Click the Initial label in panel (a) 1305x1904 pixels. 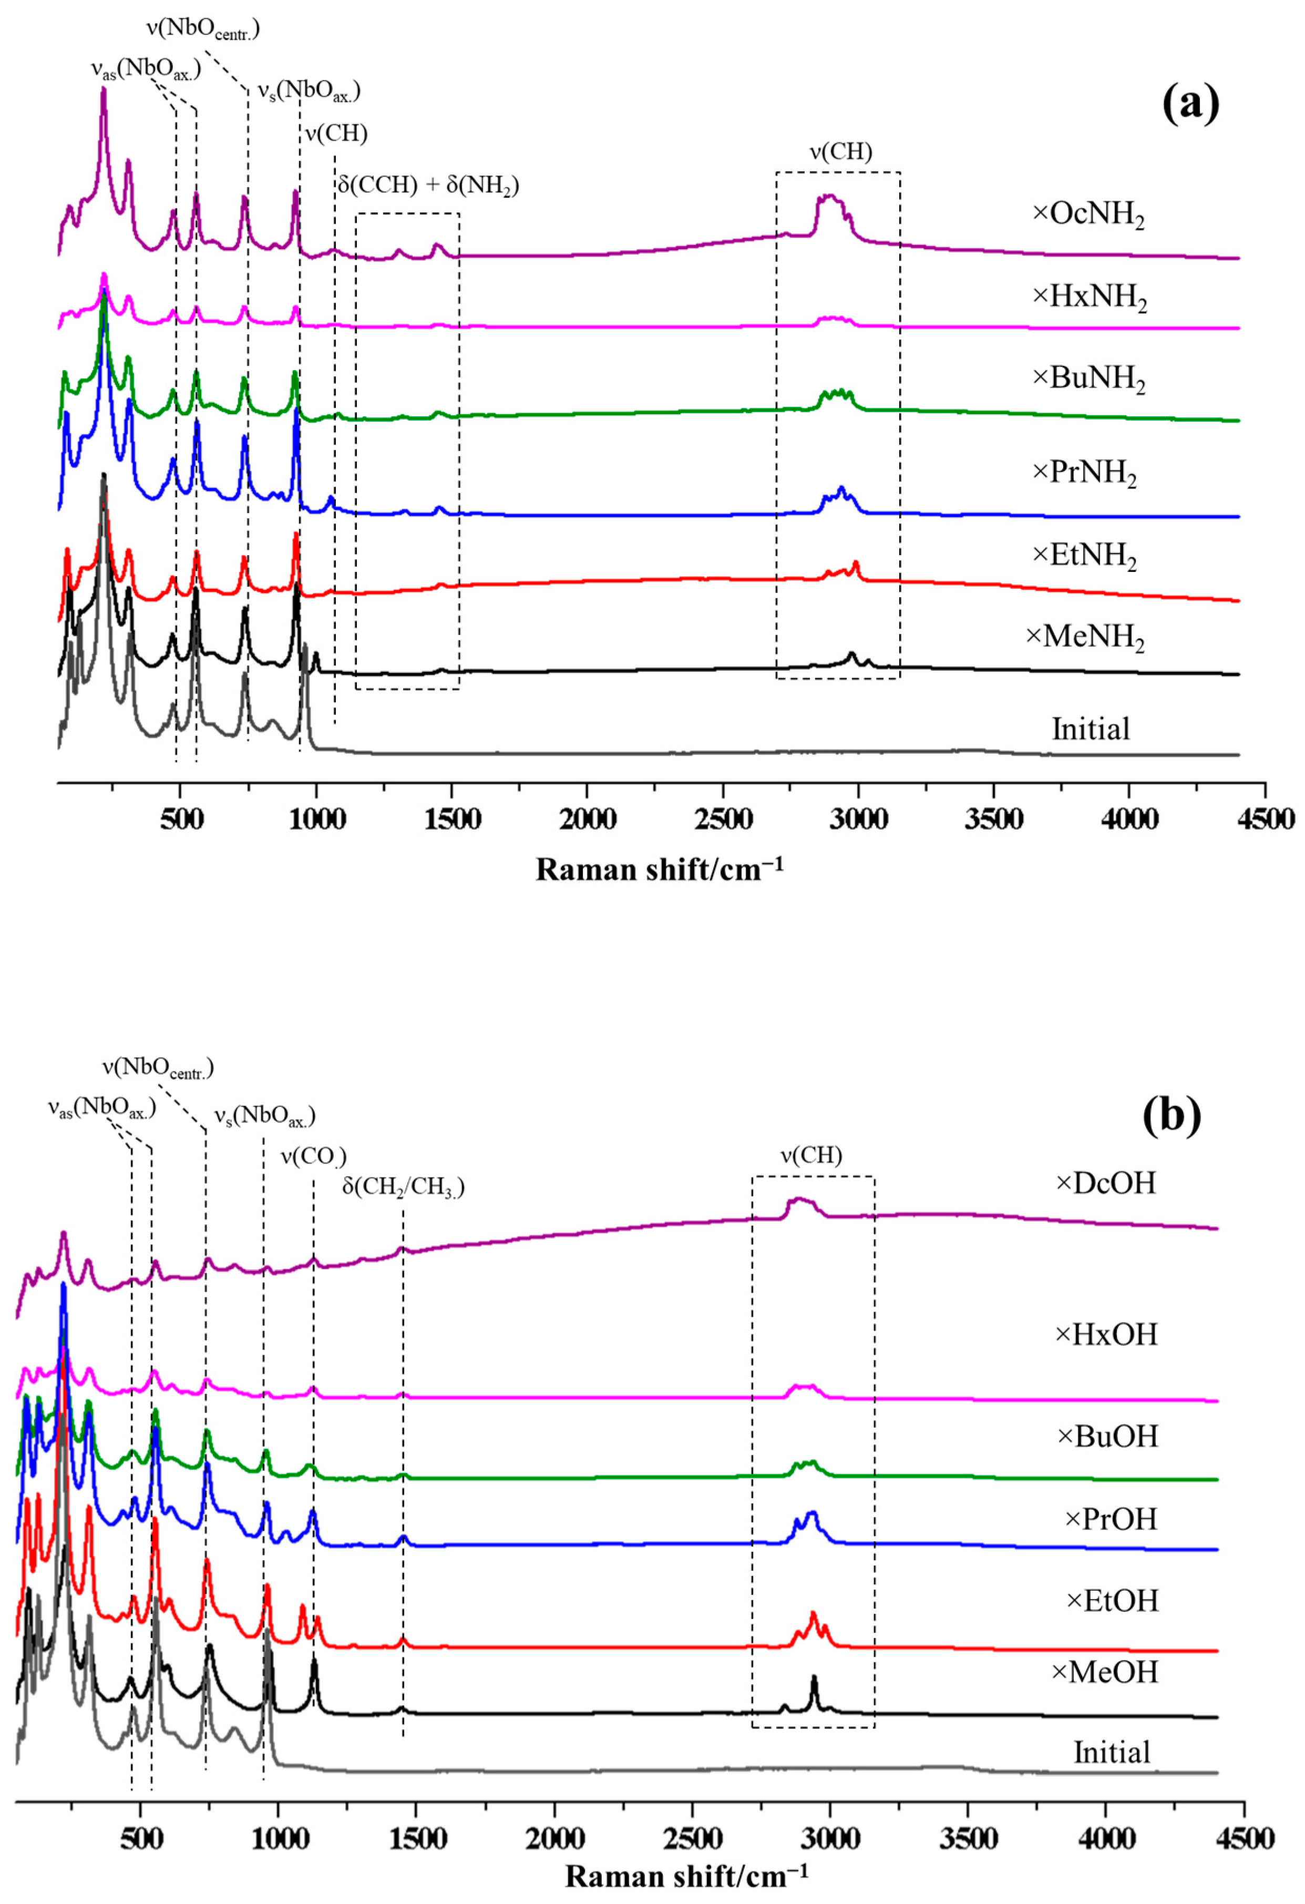1091,729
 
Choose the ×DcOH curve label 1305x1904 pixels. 1105,1183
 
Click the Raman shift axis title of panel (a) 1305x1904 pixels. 660,869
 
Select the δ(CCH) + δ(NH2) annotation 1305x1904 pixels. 428,185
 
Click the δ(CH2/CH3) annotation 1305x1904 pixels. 403,1186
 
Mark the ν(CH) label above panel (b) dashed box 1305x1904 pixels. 811,1155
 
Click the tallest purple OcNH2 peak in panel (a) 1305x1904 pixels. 103,92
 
